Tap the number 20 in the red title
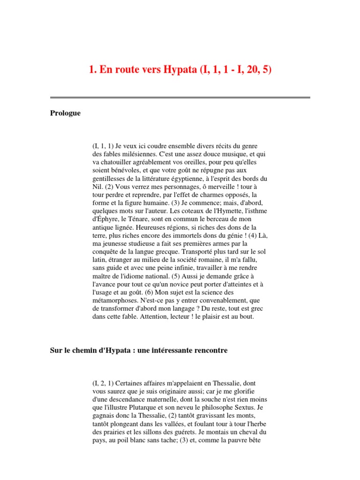(x=247, y=70)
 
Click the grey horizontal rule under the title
(x=180, y=97)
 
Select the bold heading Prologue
(x=65, y=113)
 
